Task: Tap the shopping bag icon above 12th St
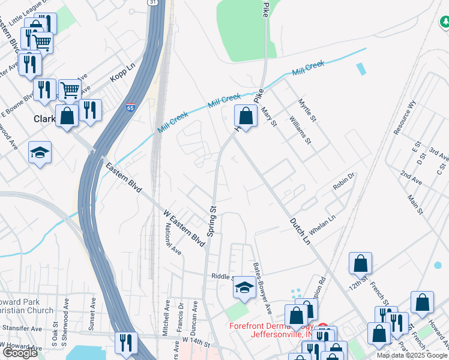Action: (360, 263)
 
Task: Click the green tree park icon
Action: (445, 23)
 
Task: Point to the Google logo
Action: (20, 353)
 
